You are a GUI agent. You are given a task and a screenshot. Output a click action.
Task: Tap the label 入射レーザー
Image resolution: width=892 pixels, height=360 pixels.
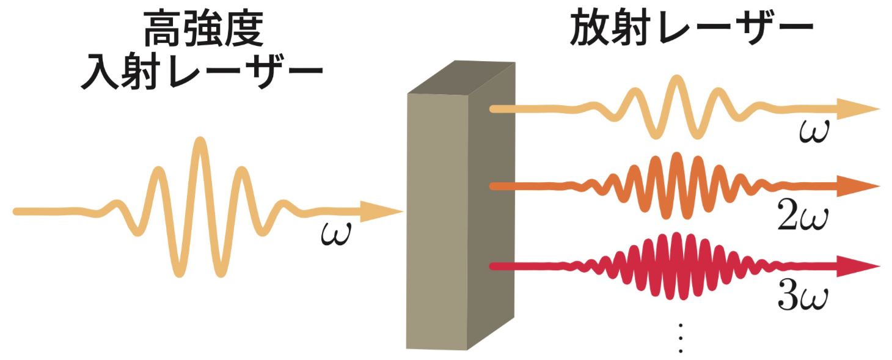coord(203,75)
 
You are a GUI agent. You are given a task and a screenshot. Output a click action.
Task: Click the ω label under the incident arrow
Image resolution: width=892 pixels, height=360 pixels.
coord(336,235)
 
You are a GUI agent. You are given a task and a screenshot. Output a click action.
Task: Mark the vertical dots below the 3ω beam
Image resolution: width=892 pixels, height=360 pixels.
coord(680,337)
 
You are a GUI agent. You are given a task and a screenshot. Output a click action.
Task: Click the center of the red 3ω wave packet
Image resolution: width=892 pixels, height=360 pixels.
coord(675,266)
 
